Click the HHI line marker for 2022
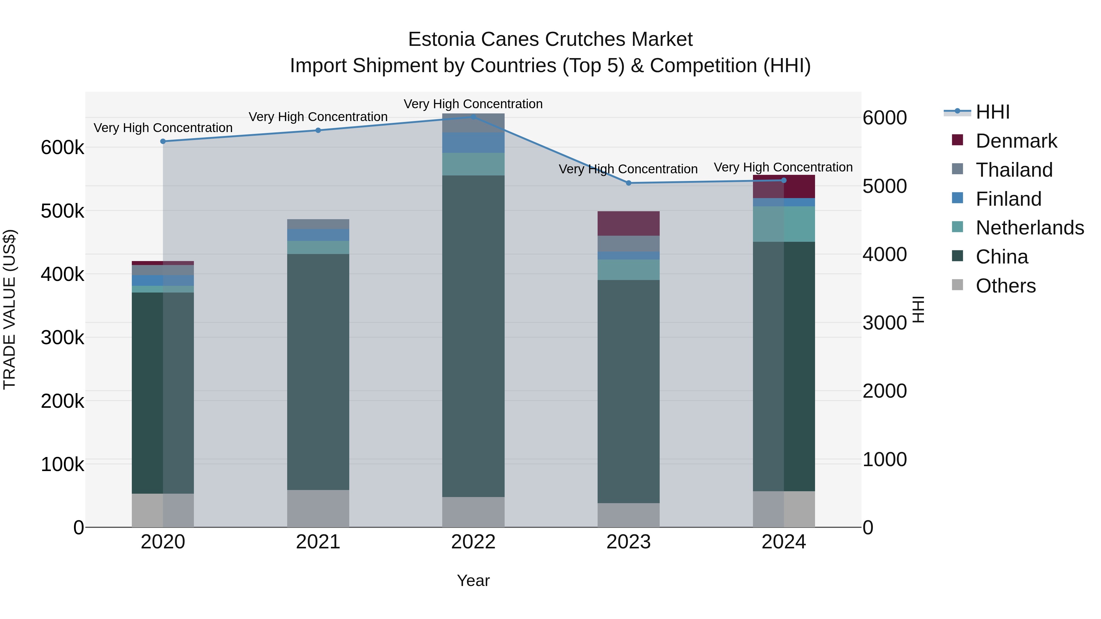[473, 117]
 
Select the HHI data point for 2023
[628, 183]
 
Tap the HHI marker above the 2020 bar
[163, 142]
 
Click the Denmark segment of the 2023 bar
[628, 223]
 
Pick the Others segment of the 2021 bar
[318, 508]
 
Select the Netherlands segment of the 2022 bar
[473, 164]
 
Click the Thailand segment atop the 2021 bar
[318, 224]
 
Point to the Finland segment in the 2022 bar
[473, 143]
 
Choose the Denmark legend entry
[1016, 141]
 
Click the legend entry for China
[1001, 257]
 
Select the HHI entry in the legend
[992, 112]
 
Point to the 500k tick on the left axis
[62, 211]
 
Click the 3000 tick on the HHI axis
[884, 323]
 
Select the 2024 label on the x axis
[784, 542]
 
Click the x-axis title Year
[473, 580]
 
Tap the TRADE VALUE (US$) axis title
[9, 309]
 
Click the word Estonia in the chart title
[442, 39]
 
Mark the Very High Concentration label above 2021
[318, 117]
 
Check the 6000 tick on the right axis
[884, 118]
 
